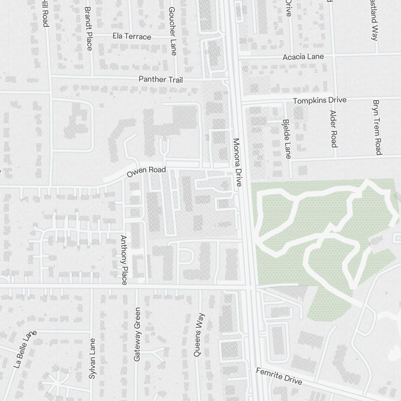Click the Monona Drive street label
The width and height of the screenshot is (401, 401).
click(238, 163)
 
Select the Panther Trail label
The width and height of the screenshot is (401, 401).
click(160, 79)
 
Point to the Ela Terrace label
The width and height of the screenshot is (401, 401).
click(132, 36)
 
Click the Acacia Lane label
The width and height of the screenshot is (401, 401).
click(303, 57)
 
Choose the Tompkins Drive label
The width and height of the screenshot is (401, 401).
click(320, 100)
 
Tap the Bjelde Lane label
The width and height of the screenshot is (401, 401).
click(287, 139)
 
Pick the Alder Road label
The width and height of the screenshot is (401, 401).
click(333, 128)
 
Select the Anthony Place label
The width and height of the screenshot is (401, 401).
click(124, 260)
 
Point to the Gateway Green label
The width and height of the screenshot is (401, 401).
click(137, 334)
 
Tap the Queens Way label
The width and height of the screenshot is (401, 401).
click(199, 335)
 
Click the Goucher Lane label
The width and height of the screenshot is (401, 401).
click(173, 31)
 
